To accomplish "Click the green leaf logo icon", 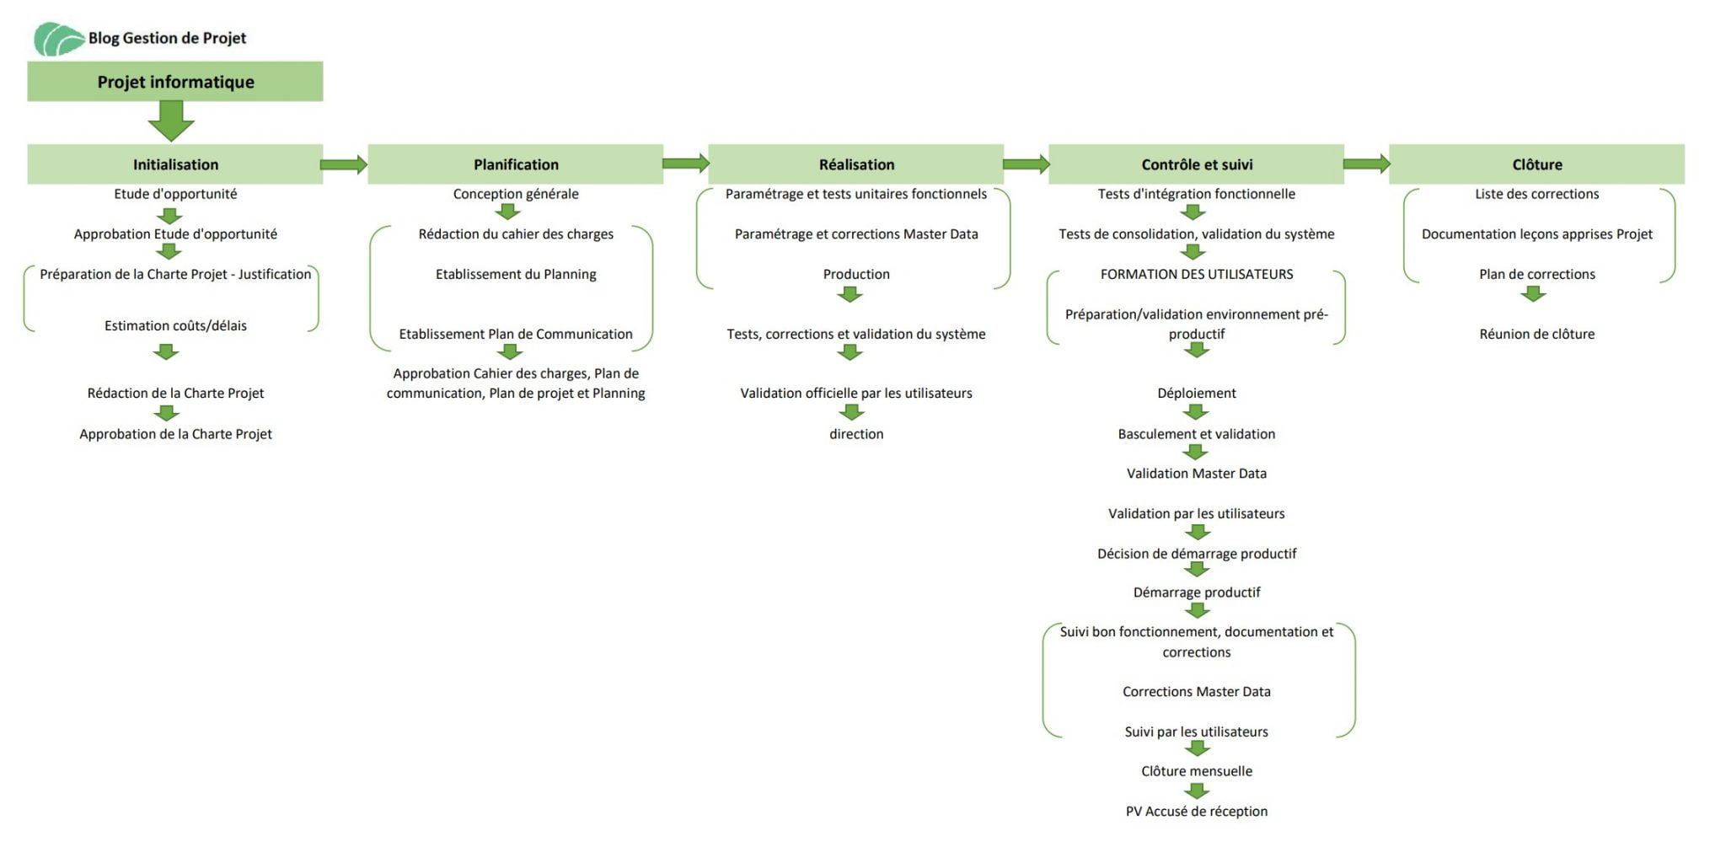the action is pos(59,39).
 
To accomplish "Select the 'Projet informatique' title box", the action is pos(175,82).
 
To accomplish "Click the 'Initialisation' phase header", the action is pos(175,164).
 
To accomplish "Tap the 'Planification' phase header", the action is pos(516,164).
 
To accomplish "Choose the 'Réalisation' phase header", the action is pos(856,164).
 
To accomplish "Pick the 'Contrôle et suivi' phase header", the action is pos(1197,164).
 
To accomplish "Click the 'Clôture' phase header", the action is pos(1537,164).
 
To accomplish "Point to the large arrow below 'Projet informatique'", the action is pos(171,121).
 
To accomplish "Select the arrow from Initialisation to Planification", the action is pos(345,164).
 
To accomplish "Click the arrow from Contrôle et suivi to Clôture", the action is pos(1367,164).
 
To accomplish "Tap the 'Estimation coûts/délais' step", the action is pos(175,325).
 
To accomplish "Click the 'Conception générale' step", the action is pos(516,194).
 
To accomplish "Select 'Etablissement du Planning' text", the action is pos(516,274).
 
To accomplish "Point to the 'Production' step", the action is pos(856,274).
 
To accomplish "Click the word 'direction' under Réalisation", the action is pos(856,434).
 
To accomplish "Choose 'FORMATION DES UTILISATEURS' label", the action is pos(1197,274).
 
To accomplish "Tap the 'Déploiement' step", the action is pos(1197,393).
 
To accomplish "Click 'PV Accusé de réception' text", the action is pos(1197,812).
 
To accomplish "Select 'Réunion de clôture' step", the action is pos(1537,334).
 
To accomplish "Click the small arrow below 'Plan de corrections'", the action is pos(1534,294).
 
